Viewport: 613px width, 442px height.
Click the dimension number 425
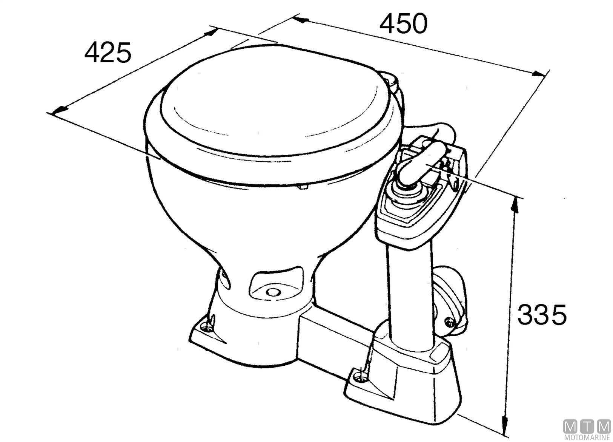(x=108, y=53)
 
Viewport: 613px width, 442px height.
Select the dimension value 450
(x=403, y=23)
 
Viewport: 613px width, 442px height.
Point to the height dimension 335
(x=542, y=315)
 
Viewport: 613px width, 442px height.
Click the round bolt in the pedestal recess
(x=272, y=292)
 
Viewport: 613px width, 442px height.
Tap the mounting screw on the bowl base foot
(x=203, y=325)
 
